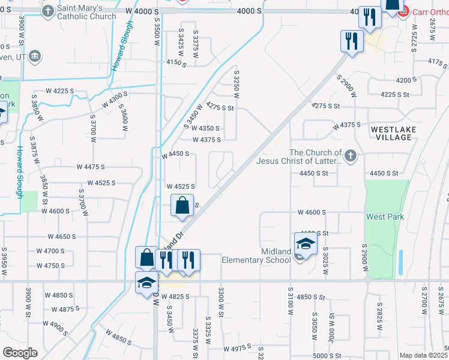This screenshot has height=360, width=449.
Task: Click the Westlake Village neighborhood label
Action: (x=391, y=133)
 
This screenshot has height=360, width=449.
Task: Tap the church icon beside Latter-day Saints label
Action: (x=351, y=157)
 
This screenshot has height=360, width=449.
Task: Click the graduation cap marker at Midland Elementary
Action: (x=306, y=245)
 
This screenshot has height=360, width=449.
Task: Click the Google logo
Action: (x=19, y=353)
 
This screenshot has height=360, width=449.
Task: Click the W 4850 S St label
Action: (x=311, y=296)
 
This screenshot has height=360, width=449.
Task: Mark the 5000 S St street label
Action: (x=327, y=355)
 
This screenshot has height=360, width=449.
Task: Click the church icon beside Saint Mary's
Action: (x=48, y=11)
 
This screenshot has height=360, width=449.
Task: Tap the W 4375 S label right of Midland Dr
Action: (x=347, y=125)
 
